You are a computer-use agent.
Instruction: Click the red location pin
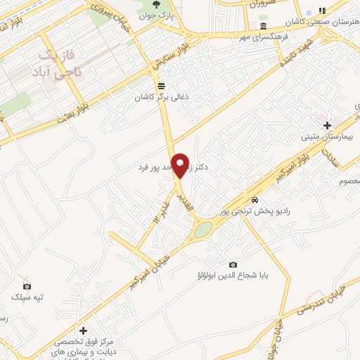click(x=180, y=164)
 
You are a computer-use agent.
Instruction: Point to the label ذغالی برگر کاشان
click(x=163, y=98)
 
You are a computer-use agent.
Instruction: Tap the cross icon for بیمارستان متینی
click(x=327, y=125)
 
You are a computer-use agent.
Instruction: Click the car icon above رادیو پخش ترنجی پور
click(x=255, y=200)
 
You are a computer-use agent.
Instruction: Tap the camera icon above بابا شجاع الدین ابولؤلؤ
click(x=233, y=264)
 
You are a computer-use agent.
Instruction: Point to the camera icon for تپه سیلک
click(x=27, y=286)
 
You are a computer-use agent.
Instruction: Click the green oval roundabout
click(x=202, y=230)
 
